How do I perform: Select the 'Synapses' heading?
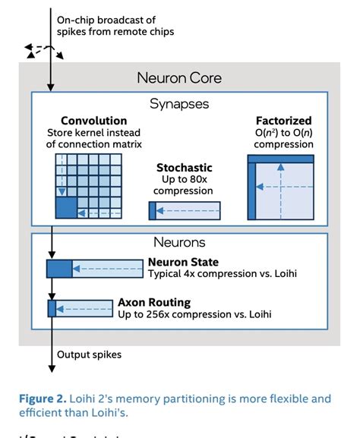coord(179,102)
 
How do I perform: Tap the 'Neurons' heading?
coord(179,244)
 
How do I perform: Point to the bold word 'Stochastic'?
coord(184,167)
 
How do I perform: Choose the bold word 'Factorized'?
coord(284,121)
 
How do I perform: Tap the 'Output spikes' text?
coord(90,353)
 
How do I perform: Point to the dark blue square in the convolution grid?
coord(65,206)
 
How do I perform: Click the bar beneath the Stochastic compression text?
coord(184,211)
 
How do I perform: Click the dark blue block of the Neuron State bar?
coord(58,268)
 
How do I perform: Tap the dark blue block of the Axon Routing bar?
coord(52,308)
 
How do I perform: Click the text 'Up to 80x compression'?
coord(184,184)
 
